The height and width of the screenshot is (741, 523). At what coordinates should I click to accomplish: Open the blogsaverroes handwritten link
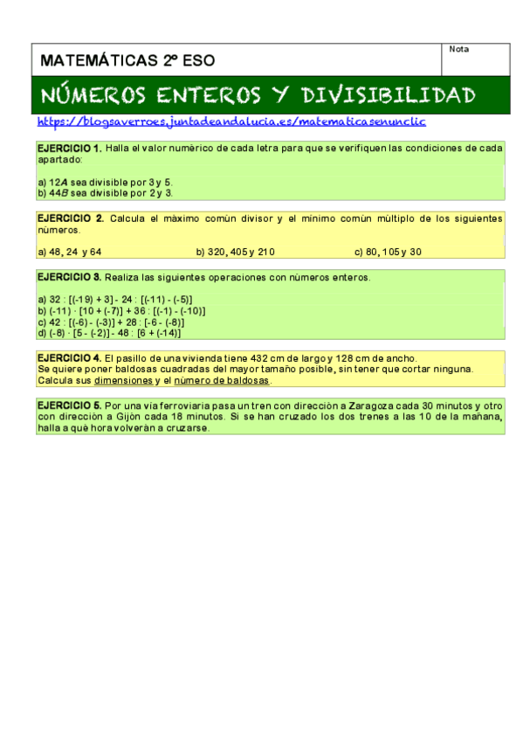[x=232, y=122]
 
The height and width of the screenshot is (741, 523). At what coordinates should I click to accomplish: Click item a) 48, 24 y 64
[x=70, y=252]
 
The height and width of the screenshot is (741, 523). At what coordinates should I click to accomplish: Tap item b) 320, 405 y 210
[x=235, y=252]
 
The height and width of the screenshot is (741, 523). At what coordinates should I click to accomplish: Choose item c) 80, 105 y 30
[x=388, y=252]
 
